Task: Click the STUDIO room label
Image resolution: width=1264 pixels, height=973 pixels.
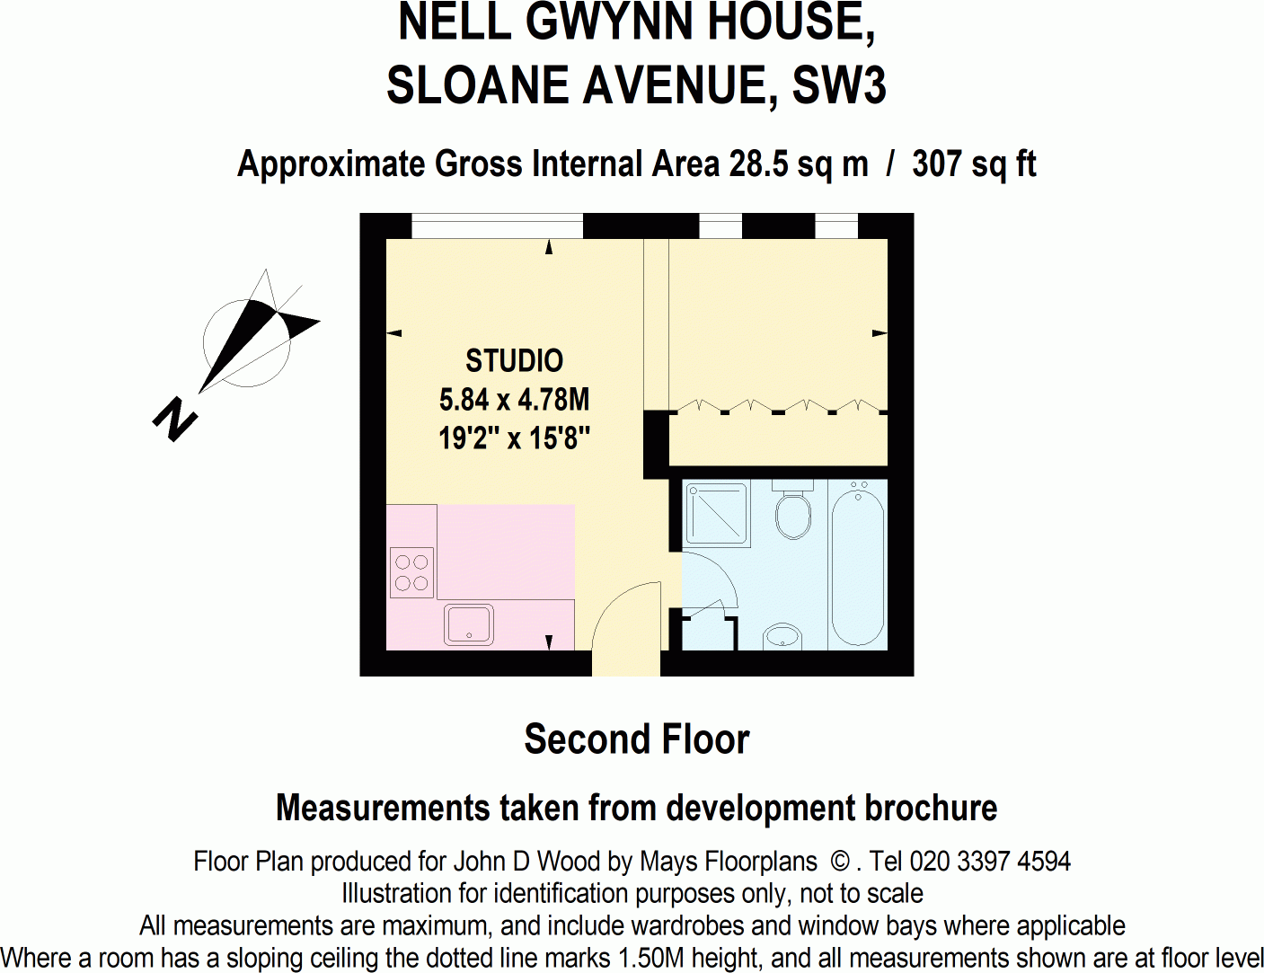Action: click(x=514, y=360)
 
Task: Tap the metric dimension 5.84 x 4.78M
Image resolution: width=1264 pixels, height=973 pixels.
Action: click(x=514, y=399)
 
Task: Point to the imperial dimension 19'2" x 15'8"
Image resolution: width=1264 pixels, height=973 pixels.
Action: click(x=514, y=438)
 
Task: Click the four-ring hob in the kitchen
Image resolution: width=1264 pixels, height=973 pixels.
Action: click(x=411, y=573)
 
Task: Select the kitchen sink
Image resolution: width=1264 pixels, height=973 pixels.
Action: click(x=469, y=624)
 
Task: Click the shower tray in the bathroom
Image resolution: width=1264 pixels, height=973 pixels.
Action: click(x=716, y=515)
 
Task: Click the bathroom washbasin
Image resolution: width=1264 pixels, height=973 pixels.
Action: click(x=782, y=637)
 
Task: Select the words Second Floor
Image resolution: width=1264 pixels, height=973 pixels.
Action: click(x=636, y=739)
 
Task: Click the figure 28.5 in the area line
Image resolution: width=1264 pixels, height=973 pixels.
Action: click(x=759, y=164)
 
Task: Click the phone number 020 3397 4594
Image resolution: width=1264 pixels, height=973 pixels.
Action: click(x=990, y=862)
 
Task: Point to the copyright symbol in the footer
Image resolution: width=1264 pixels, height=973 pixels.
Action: click(x=840, y=862)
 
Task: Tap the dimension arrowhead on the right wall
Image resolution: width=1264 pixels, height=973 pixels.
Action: click(x=880, y=333)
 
